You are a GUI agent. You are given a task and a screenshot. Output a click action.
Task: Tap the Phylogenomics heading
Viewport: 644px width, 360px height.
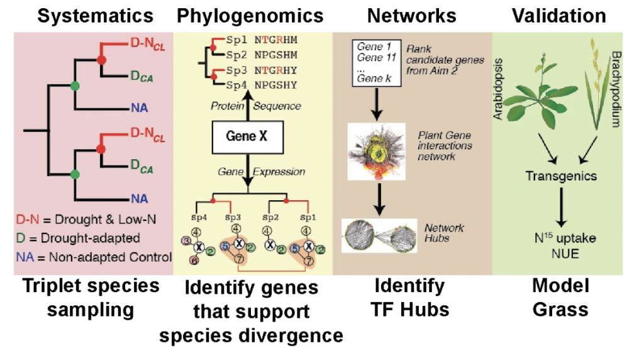pos(250,16)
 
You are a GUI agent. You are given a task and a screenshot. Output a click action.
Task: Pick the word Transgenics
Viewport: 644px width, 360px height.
pos(561,176)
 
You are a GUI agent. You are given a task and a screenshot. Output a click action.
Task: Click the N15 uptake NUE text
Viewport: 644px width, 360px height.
pos(561,247)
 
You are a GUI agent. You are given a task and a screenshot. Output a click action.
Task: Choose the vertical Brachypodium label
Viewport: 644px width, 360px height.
pos(615,88)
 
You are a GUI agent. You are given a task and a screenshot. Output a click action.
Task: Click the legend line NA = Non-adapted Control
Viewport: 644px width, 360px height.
pos(94,257)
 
